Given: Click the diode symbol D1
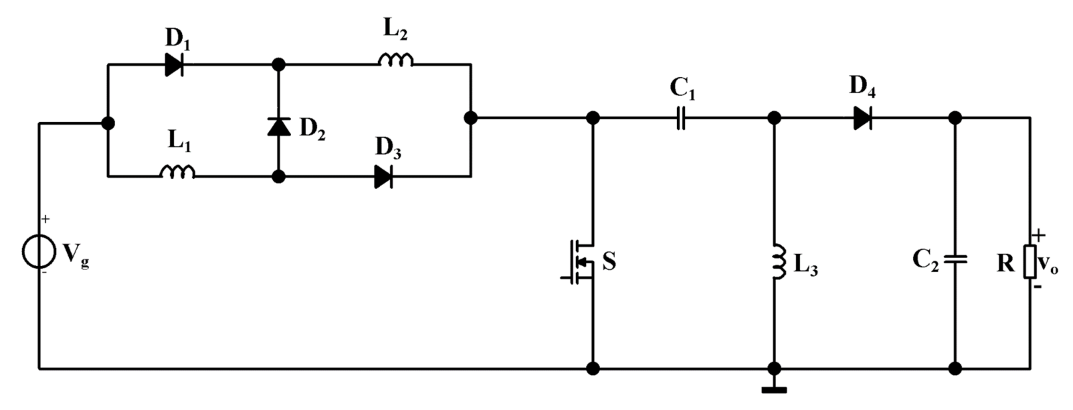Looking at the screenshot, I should [x=174, y=65].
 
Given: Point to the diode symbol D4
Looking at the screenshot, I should [x=863, y=118].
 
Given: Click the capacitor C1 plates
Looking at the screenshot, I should [x=680, y=118].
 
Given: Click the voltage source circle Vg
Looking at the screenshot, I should [x=39, y=251].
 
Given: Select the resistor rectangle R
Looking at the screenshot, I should [x=1030, y=262].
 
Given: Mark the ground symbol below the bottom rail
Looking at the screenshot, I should [x=774, y=390].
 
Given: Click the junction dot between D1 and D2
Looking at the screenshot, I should [x=279, y=65].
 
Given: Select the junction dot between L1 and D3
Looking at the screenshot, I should [x=279, y=177].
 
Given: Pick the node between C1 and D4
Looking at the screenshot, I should [x=774, y=118].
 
